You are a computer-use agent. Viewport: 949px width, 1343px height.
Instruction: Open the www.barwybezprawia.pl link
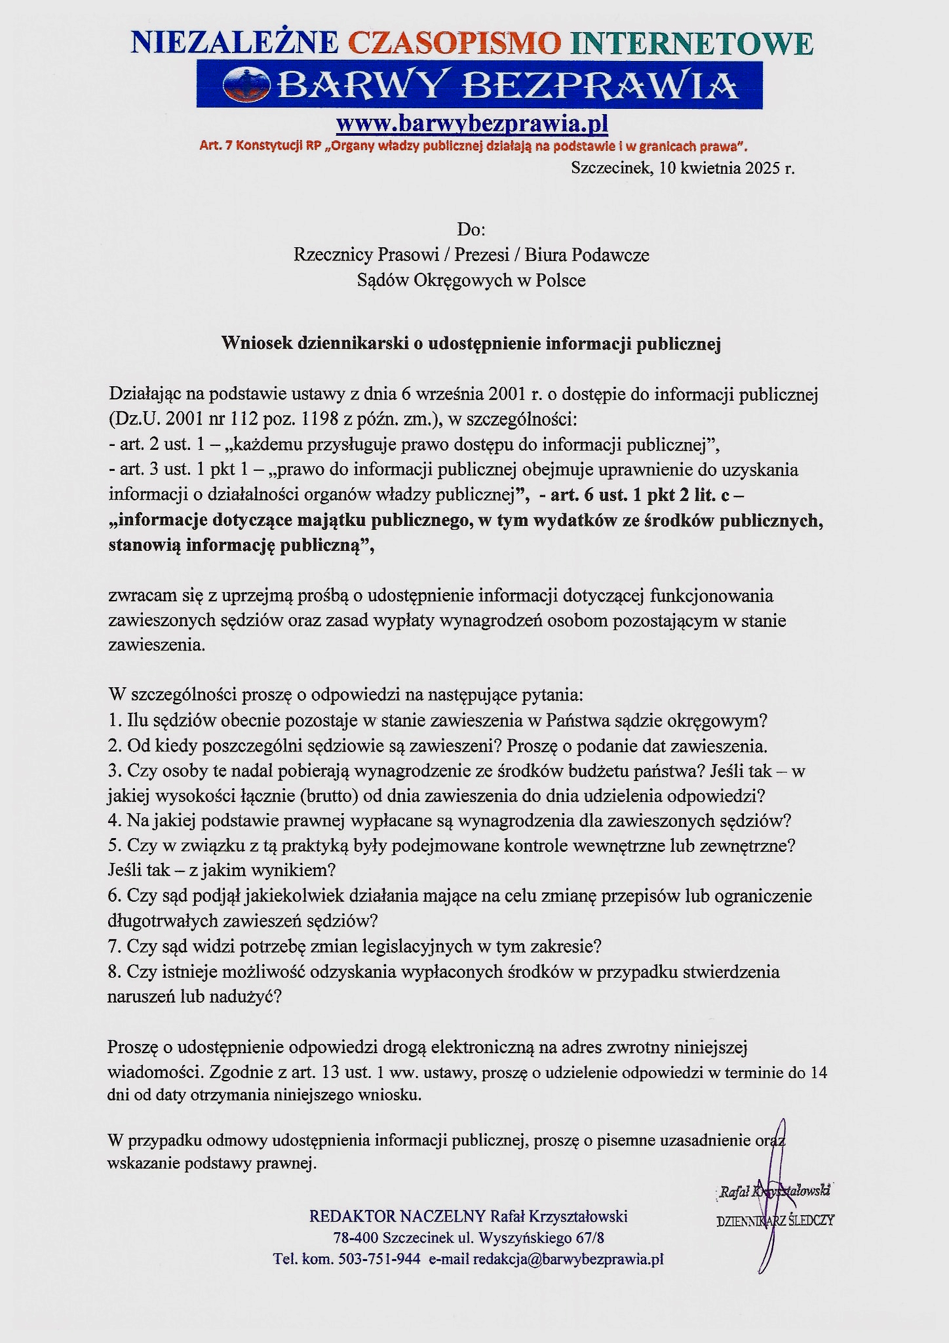coord(472,123)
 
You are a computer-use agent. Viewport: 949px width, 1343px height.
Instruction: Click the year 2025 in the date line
coord(762,168)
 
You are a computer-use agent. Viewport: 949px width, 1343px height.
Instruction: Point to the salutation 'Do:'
coord(471,230)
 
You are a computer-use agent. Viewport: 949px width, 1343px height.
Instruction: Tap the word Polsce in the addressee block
coord(561,281)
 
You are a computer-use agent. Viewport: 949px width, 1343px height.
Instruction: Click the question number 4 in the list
coord(114,820)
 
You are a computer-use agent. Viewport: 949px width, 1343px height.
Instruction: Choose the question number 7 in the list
coord(114,946)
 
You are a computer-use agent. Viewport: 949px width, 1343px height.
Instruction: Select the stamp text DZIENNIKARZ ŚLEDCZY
coord(775,1221)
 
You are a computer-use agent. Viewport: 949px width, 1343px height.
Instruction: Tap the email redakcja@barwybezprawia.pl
coord(568,1259)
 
